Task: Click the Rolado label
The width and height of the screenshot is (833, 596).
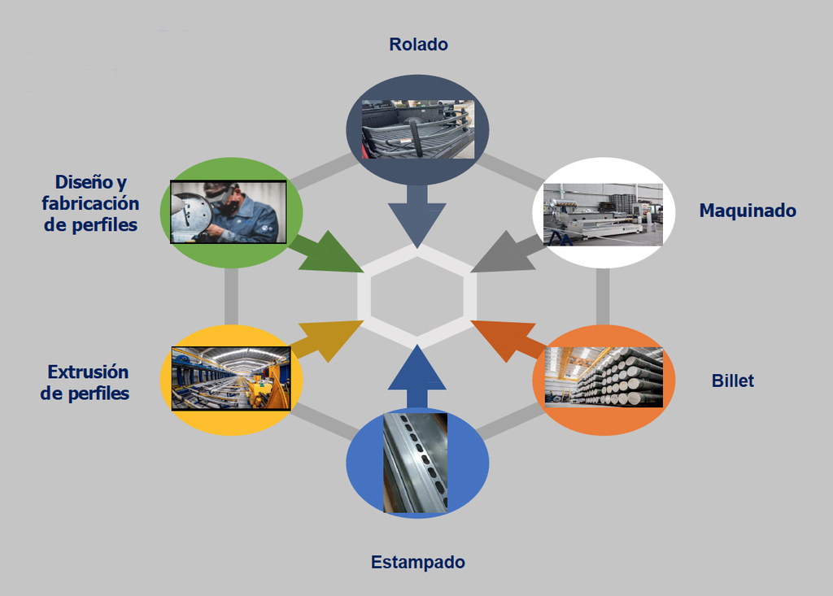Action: click(x=418, y=45)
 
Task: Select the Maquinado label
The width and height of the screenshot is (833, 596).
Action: click(x=748, y=211)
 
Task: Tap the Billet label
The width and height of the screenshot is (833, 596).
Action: click(x=732, y=381)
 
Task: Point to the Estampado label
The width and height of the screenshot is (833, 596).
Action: click(x=417, y=562)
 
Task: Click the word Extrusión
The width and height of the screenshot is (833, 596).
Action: click(x=88, y=372)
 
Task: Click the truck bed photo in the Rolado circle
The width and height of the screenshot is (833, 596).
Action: click(x=418, y=129)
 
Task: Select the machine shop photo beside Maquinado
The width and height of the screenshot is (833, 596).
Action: click(x=602, y=214)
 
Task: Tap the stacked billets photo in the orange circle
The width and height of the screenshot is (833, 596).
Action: click(x=604, y=376)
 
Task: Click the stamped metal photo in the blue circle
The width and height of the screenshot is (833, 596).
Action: click(x=415, y=463)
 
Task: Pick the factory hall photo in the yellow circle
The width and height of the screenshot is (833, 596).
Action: click(x=231, y=378)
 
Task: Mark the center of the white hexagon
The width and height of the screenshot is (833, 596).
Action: click(x=417, y=296)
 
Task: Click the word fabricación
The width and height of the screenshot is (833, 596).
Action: click(x=90, y=204)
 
